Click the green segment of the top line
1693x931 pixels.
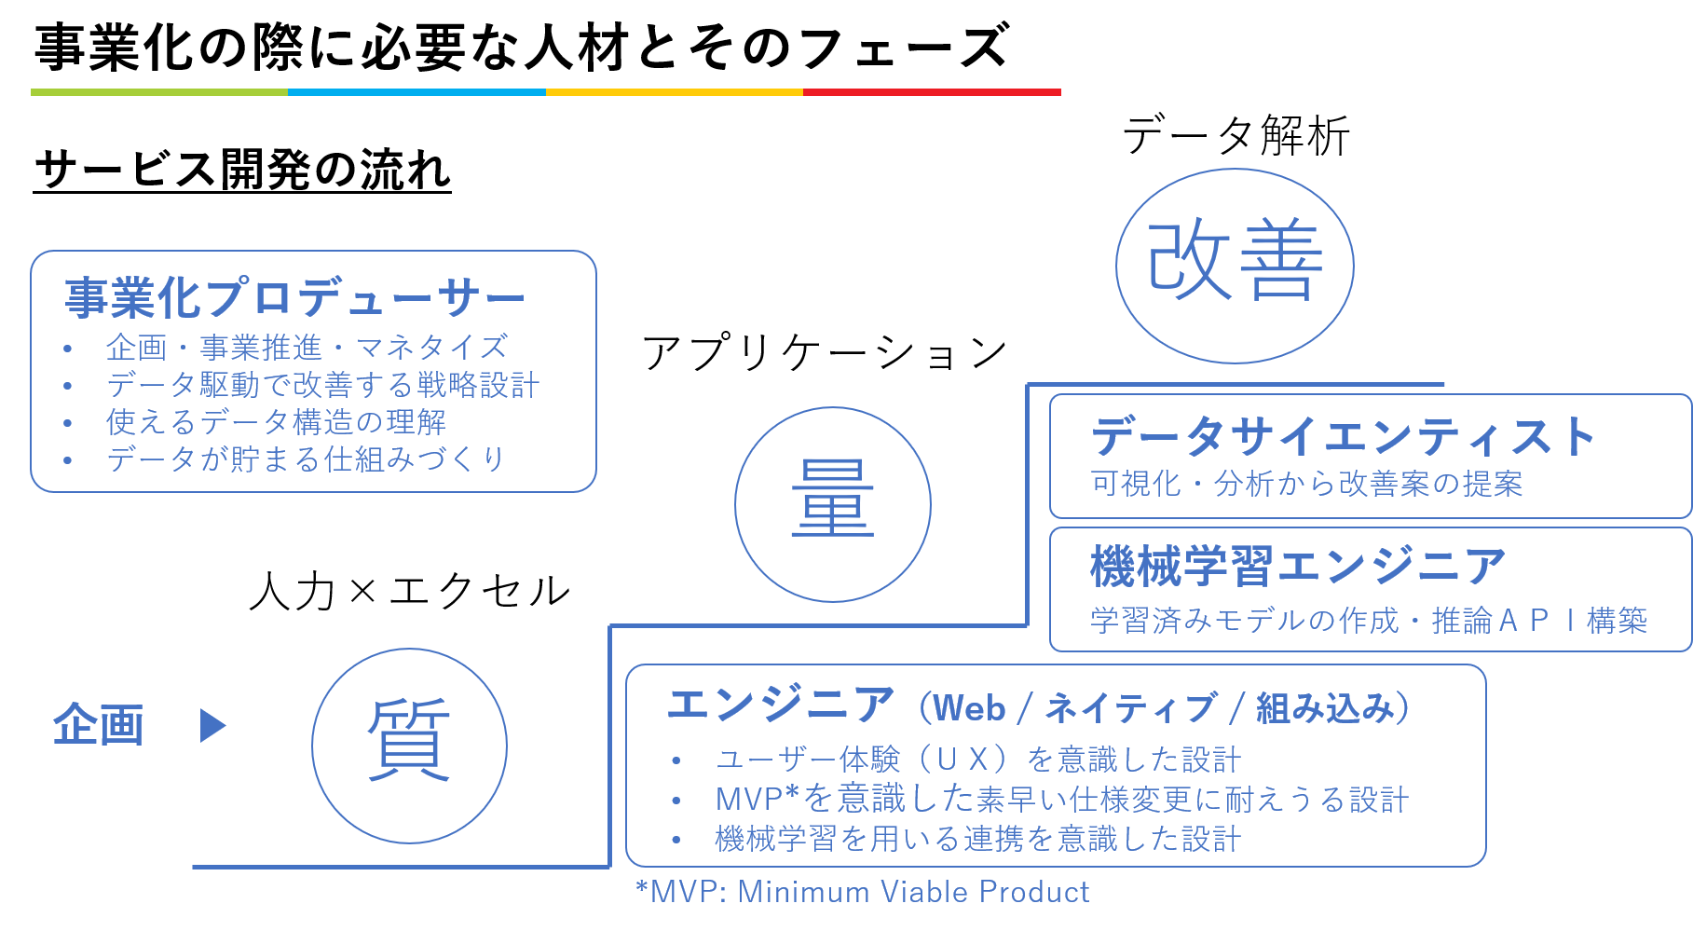(x=159, y=92)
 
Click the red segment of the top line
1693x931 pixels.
(x=932, y=92)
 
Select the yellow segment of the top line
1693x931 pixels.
(x=674, y=92)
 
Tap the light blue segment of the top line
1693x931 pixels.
(x=416, y=92)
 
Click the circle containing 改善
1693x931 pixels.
(x=1235, y=266)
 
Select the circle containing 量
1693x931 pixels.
(x=832, y=504)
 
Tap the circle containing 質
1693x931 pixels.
(x=409, y=746)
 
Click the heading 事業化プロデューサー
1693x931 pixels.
(x=294, y=298)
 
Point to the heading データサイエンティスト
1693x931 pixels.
(x=1343, y=436)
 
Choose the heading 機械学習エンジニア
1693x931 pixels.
(x=1298, y=567)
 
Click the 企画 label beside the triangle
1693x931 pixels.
(x=99, y=725)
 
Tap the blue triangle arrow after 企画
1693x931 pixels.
(x=212, y=725)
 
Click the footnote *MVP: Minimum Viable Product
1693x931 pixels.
(x=862, y=892)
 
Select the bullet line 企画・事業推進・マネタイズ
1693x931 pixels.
(x=307, y=348)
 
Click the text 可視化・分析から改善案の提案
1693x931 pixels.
(x=1306, y=484)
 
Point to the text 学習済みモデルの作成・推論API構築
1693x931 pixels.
(x=1368, y=620)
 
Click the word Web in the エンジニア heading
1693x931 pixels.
(x=969, y=708)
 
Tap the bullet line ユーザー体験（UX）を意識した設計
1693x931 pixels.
(x=977, y=760)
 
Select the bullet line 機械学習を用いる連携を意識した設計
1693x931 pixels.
(x=977, y=839)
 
